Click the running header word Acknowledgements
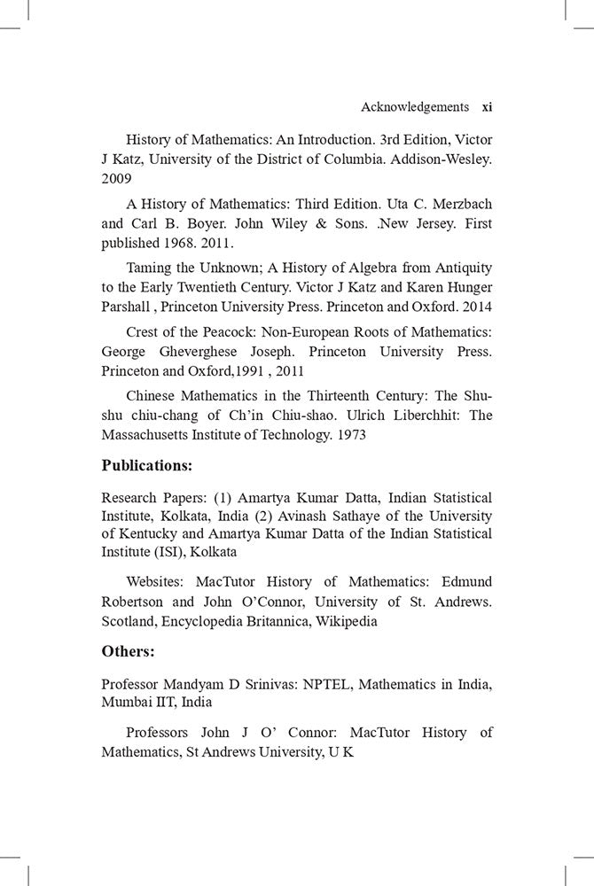coord(414,107)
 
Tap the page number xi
coord(487,107)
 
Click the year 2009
coord(116,178)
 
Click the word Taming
coord(148,268)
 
